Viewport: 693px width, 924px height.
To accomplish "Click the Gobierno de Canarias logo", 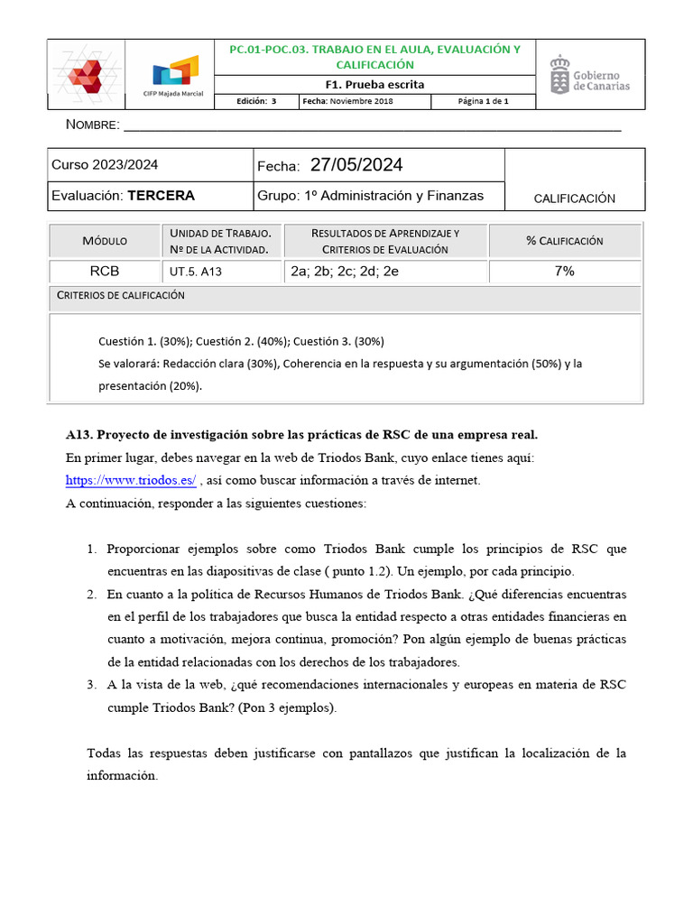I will (590, 74).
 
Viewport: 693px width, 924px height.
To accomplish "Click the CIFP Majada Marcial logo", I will (174, 74).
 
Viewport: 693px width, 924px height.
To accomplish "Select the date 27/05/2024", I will (356, 164).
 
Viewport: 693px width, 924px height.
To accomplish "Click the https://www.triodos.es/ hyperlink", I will (131, 480).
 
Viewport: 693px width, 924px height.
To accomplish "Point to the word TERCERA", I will (161, 195).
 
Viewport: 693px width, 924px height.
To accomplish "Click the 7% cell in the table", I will (565, 271).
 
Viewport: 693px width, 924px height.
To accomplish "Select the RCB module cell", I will (104, 271).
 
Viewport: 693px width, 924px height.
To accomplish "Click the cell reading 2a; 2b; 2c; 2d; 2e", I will (344, 271).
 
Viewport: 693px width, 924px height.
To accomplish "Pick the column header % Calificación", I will (565, 241).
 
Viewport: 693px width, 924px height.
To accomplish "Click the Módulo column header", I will (105, 241).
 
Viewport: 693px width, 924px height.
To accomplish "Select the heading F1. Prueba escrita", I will (374, 84).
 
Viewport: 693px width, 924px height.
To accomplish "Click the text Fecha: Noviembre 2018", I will (348, 101).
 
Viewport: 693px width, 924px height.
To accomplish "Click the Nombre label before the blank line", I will (93, 124).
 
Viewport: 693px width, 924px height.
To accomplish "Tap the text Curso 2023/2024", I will (105, 164).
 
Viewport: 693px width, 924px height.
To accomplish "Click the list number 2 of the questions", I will (92, 595).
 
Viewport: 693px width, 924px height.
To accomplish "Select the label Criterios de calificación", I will (121, 295).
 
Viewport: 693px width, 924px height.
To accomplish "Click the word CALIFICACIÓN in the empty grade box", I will (574, 199).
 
